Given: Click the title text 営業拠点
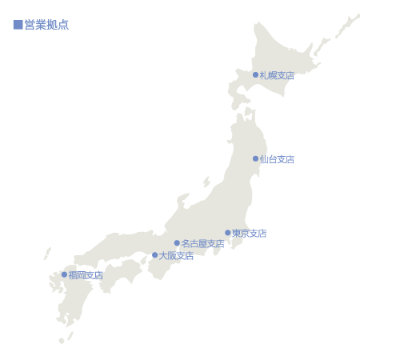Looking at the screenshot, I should point(46,25).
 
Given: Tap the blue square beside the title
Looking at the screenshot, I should point(18,25).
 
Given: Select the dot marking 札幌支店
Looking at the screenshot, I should point(255,75).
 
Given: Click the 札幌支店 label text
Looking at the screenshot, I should point(277,75).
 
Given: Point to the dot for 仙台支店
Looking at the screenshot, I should point(255,158).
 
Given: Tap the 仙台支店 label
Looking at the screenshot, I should point(277,159).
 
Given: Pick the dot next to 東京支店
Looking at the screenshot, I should point(227,233).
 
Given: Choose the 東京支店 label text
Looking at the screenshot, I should point(249,234).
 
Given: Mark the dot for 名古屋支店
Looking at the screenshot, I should point(177,243).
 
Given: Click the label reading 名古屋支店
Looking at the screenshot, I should point(202,243).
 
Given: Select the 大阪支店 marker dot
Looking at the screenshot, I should point(154,255).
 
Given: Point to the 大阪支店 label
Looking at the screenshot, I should point(176,256).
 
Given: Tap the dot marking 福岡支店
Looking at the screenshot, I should point(64,274).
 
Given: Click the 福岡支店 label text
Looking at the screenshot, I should point(86,275).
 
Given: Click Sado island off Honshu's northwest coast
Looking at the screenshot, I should point(206,182).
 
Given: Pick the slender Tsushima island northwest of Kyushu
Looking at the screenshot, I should point(47,254).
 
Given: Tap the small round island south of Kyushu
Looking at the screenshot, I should point(61,341).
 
